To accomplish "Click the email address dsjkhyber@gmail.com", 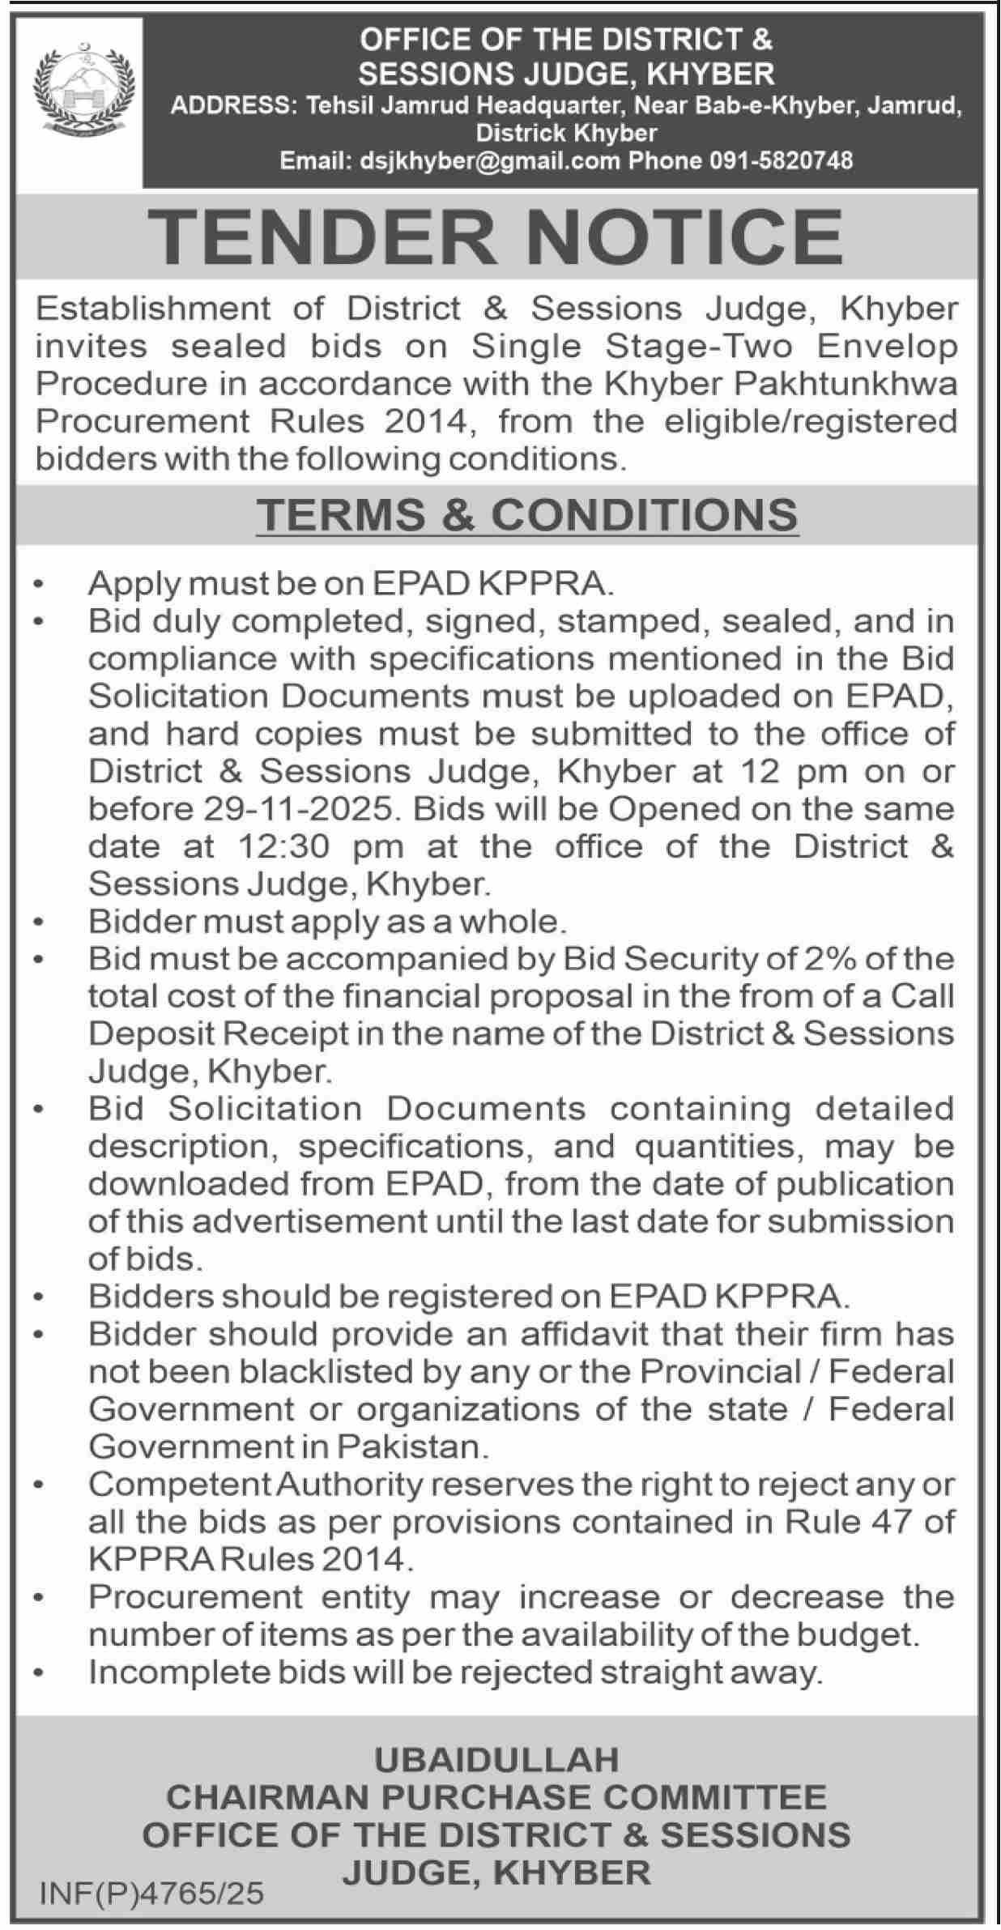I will (483, 160).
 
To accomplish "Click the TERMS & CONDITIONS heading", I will (527, 515).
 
